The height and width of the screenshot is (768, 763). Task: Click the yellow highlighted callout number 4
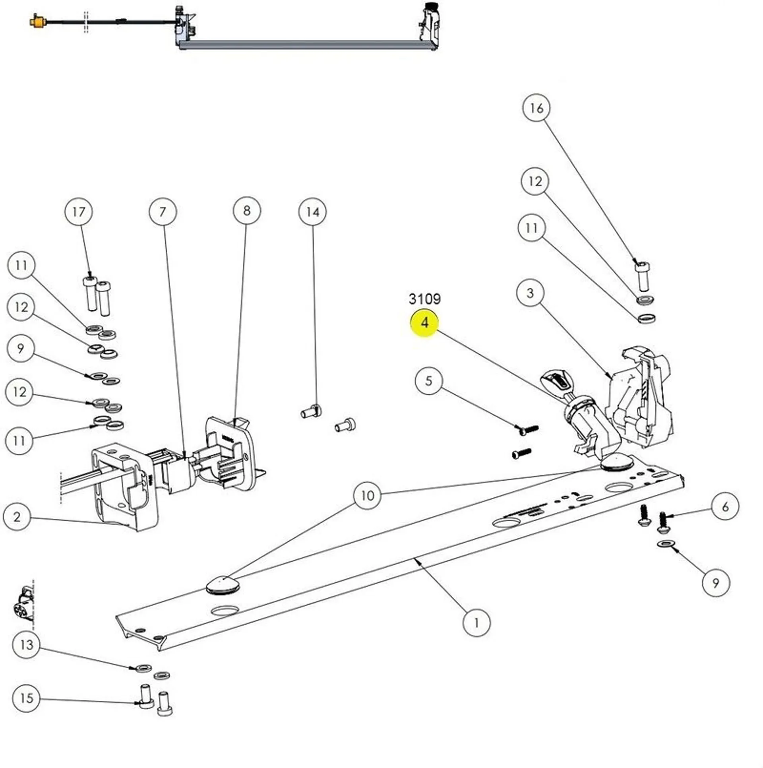pos(424,323)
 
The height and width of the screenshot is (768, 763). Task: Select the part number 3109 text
pos(424,299)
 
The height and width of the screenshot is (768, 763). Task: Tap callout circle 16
pos(536,108)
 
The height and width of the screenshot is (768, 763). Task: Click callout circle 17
pos(79,212)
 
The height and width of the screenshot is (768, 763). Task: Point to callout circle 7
pos(163,212)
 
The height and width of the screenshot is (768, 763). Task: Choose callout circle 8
pos(247,211)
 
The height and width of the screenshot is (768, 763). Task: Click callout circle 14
pos(312,212)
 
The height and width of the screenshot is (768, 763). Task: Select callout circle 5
pos(428,381)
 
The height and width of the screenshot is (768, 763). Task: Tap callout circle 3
pos(530,293)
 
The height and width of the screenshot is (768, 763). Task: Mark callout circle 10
pos(367,495)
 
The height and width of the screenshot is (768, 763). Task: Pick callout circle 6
pos(725,506)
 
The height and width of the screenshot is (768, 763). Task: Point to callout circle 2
pos(17,517)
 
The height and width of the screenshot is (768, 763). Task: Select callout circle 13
pos(26,644)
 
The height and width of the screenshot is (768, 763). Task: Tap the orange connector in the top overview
pos(39,21)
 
